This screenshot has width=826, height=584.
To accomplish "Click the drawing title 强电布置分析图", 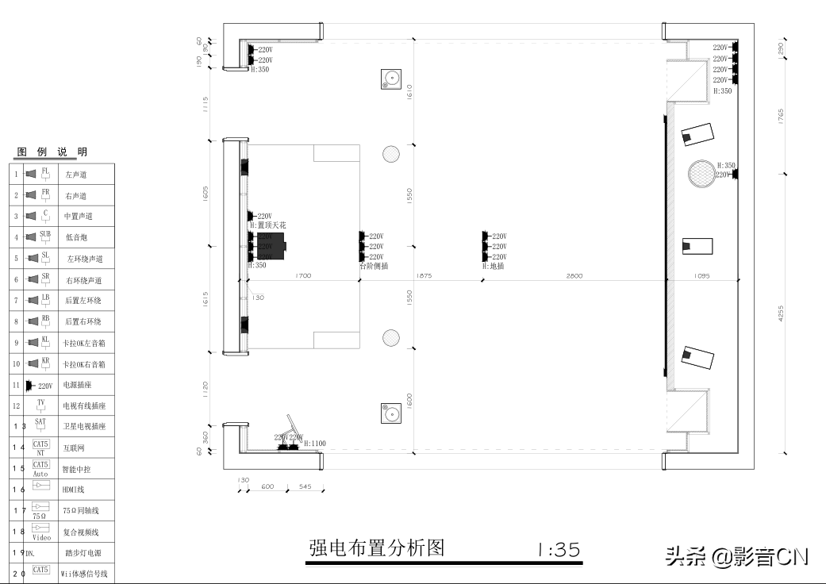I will pos(376,548).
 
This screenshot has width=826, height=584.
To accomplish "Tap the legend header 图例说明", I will pos(52,152).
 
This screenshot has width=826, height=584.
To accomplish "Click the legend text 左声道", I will pos(76,175).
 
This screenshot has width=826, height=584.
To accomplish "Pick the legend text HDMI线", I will pos(73,490).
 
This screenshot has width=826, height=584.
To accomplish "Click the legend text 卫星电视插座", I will pos(85,427).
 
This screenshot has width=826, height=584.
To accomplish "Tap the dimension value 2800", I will pos(574,276).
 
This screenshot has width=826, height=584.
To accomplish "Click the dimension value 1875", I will pos(424,276).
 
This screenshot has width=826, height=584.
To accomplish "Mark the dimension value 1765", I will pos(781,117).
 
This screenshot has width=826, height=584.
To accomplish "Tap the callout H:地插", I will pos(493,267).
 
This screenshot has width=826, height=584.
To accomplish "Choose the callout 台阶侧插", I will pos(374,267).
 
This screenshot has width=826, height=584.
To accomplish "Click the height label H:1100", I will pos(315,444).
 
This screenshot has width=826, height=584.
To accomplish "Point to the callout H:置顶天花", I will pos(267,226).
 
